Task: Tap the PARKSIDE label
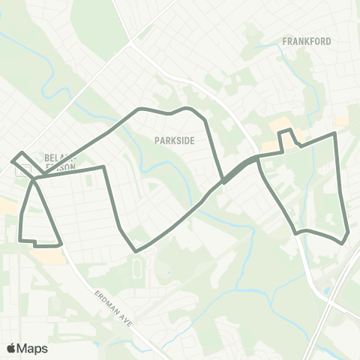[174, 139]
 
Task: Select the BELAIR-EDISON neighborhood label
[60, 163]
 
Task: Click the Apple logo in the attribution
[11, 348]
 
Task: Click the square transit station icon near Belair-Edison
[22, 169]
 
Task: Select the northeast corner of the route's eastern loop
[334, 133]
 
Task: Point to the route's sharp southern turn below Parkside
[135, 250]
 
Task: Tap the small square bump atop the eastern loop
[285, 133]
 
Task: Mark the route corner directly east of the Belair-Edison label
[103, 167]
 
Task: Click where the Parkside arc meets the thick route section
[223, 181]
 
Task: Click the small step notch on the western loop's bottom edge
[34, 242]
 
